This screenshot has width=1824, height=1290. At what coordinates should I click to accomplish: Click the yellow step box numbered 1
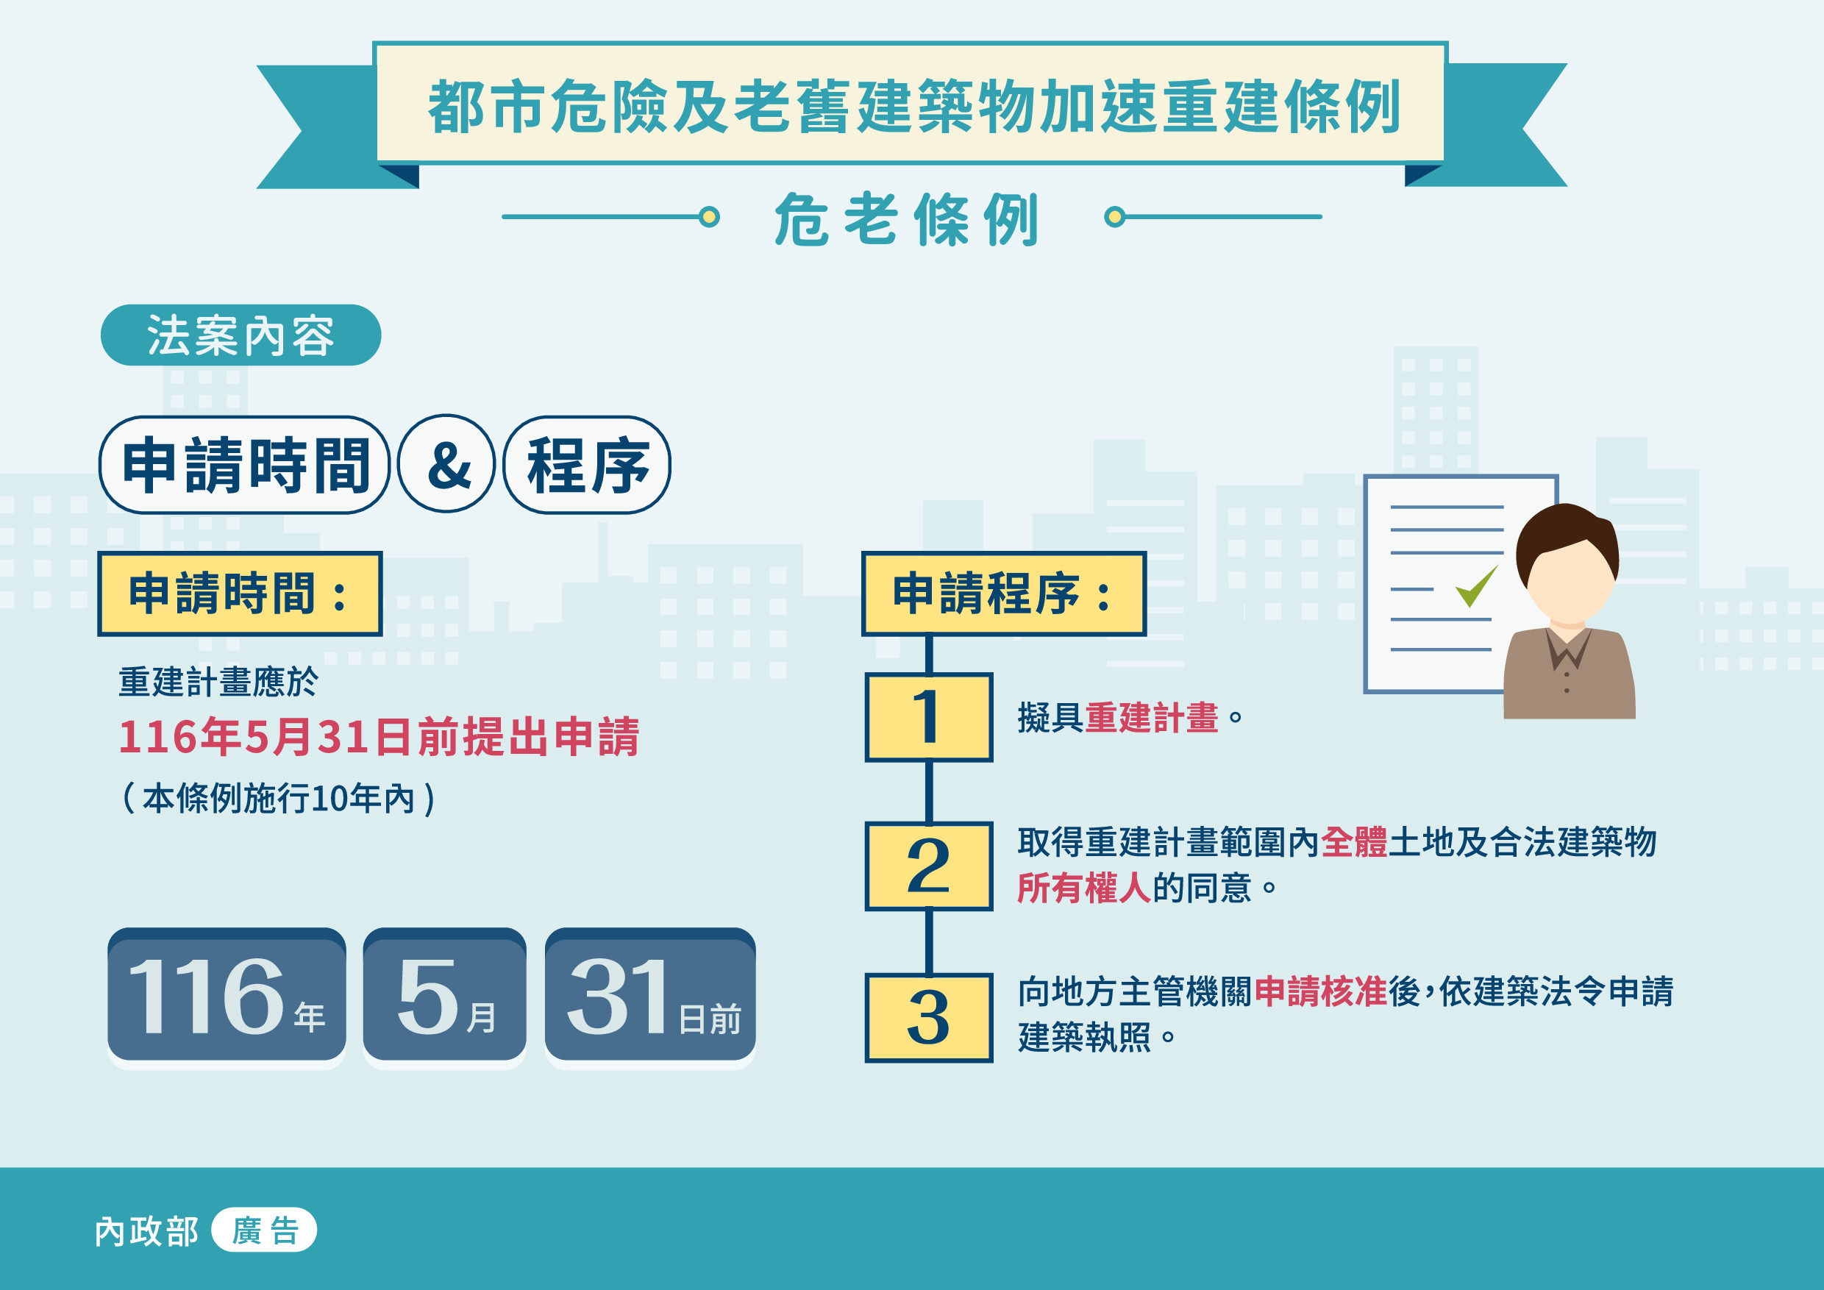click(929, 717)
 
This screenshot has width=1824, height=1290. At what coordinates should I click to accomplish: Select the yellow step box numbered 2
click(929, 866)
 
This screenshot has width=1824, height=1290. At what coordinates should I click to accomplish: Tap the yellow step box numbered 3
click(929, 1018)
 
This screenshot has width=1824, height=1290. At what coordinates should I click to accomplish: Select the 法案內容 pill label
click(241, 335)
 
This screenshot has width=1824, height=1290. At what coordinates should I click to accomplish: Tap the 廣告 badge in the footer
click(264, 1230)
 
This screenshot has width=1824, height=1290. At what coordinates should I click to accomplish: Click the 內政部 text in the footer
click(147, 1231)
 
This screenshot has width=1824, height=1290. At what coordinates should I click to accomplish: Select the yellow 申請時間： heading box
click(240, 594)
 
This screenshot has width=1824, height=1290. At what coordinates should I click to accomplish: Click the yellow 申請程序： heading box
click(1004, 594)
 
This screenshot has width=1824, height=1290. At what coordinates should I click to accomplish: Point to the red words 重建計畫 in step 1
click(1152, 717)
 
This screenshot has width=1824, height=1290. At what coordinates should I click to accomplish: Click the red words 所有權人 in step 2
click(1084, 887)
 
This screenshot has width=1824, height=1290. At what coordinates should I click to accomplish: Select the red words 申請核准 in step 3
click(1321, 991)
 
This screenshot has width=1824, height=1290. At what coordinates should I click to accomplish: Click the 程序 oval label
click(587, 465)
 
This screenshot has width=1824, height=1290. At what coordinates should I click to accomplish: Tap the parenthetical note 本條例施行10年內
click(279, 798)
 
